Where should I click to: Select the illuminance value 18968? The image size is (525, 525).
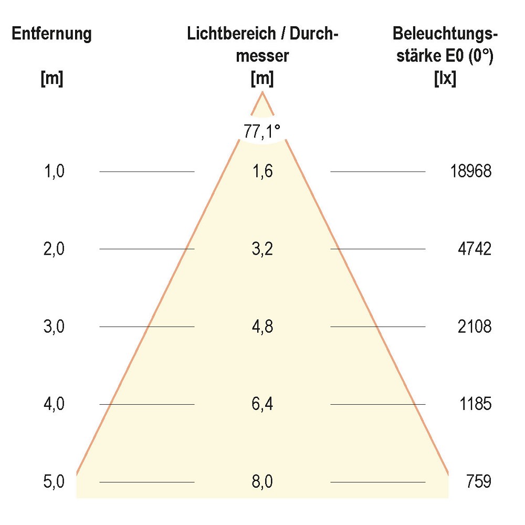pos(470,171)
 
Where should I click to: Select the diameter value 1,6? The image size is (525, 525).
pos(262,171)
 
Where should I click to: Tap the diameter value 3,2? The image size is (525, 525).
pos(262,249)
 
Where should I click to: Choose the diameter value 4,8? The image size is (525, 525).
pos(262,327)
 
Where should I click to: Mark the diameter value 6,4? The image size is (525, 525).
pos(262,404)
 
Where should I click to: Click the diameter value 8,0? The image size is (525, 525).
pos(262,481)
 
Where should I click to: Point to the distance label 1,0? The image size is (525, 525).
pos(54,171)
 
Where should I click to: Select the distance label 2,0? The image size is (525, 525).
pos(54,249)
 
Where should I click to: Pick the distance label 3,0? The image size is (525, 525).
pos(54,327)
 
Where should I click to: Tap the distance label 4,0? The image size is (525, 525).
pos(54,404)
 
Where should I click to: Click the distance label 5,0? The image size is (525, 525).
pos(54,481)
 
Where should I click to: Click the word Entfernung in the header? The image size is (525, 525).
pos(51,35)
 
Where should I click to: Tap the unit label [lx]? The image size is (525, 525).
pos(445,79)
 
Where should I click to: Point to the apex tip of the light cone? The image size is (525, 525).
pos(262,93)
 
